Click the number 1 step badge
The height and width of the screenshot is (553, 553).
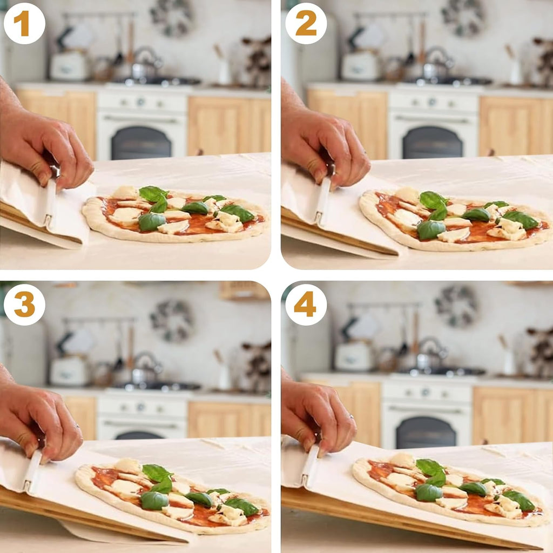pos(24,23)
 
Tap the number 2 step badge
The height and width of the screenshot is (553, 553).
pos(306,23)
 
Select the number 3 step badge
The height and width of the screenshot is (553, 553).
pos(24,305)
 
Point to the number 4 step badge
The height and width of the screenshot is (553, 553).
pos(306,305)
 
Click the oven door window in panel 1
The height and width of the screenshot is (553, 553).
pos(141,143)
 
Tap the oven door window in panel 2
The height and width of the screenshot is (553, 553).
pos(433,142)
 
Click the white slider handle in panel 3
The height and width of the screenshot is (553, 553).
pos(32,471)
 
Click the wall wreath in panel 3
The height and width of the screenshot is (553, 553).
pos(172,321)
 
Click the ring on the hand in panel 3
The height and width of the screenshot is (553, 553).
pos(77,427)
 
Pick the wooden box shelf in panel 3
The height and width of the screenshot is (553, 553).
pos(244,291)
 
